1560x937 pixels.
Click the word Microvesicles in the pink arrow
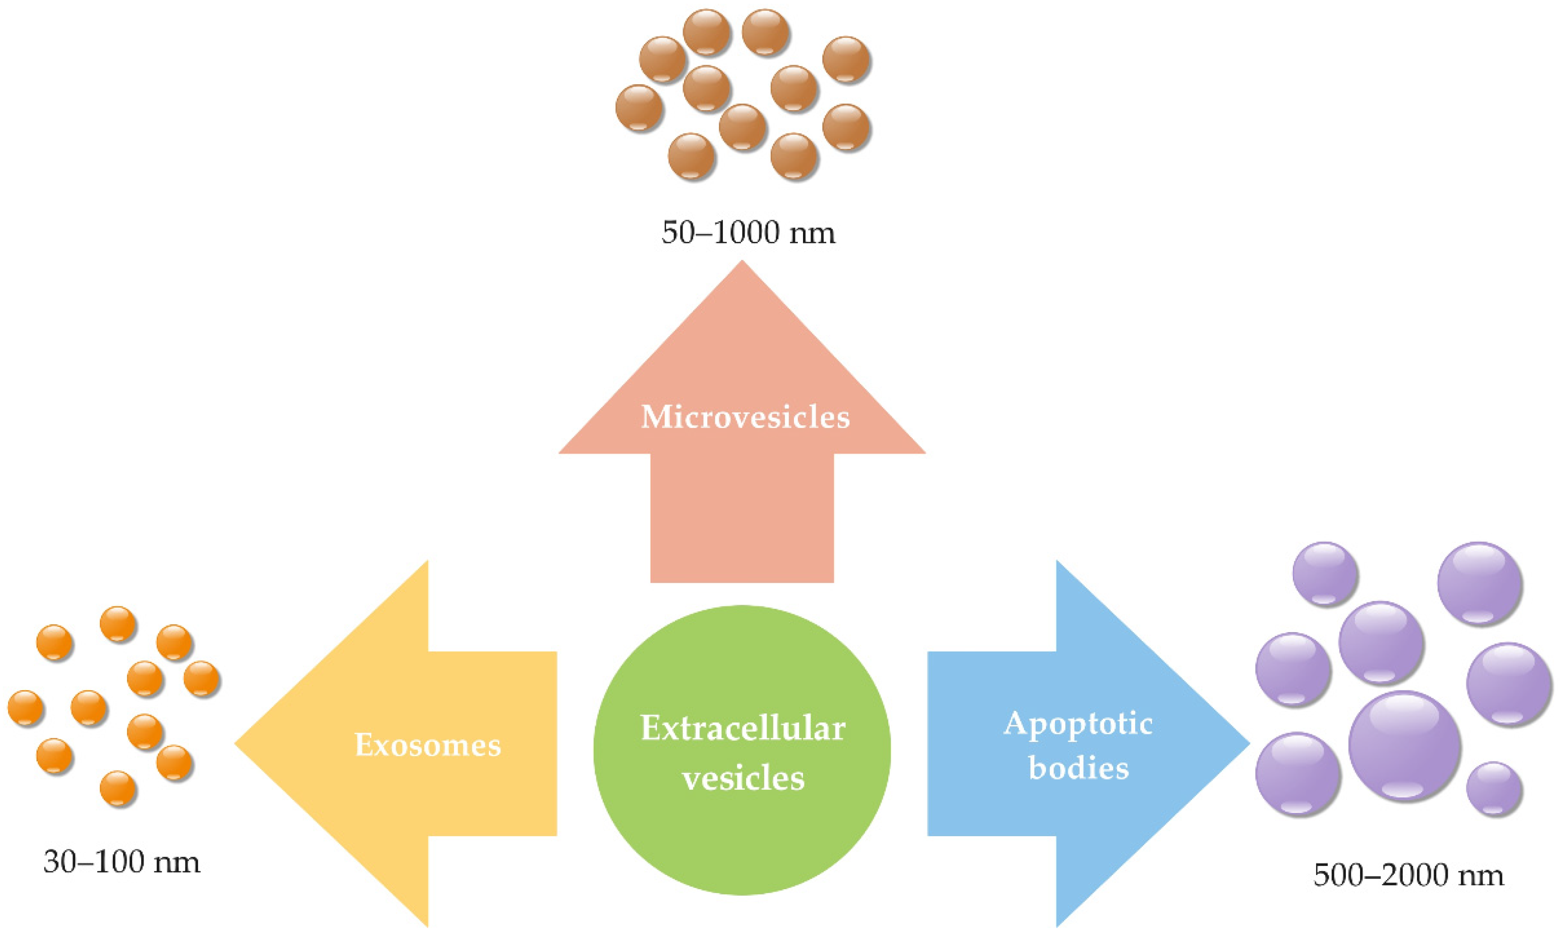pyautogui.click(x=745, y=417)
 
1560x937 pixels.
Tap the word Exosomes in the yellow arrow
pyautogui.click(x=428, y=745)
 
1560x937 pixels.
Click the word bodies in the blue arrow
pyautogui.click(x=1078, y=768)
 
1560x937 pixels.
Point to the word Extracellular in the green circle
pyautogui.click(x=743, y=729)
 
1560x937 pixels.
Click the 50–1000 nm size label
pyautogui.click(x=748, y=233)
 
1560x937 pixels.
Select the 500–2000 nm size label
pyautogui.click(x=1408, y=875)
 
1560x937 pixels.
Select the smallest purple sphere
pyautogui.click(x=1494, y=789)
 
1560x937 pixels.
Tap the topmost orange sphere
pyautogui.click(x=118, y=624)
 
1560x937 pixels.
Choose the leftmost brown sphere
pyautogui.click(x=639, y=108)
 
